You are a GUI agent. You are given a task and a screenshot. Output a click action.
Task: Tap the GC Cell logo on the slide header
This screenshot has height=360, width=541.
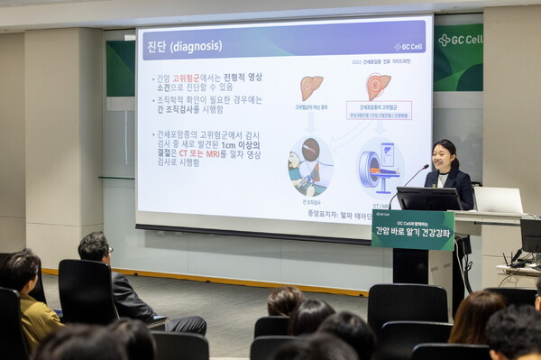point(408,46)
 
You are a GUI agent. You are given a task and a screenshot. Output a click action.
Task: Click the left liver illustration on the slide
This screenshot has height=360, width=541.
point(311,88)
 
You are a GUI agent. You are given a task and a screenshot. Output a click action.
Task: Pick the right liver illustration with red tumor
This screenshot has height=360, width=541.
point(378,86)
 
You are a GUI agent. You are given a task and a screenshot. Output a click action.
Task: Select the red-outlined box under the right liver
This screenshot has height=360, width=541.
point(379,111)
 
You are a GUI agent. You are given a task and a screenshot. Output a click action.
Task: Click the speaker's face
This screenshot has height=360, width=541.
point(444,155)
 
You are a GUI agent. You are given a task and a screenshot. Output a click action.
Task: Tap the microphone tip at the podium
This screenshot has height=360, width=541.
point(426,166)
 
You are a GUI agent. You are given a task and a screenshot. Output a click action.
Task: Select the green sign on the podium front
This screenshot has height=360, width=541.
point(412,229)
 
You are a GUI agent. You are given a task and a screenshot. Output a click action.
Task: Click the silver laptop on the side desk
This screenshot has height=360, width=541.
point(498,200)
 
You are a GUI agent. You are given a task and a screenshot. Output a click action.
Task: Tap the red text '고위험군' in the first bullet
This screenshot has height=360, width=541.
point(188,78)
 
